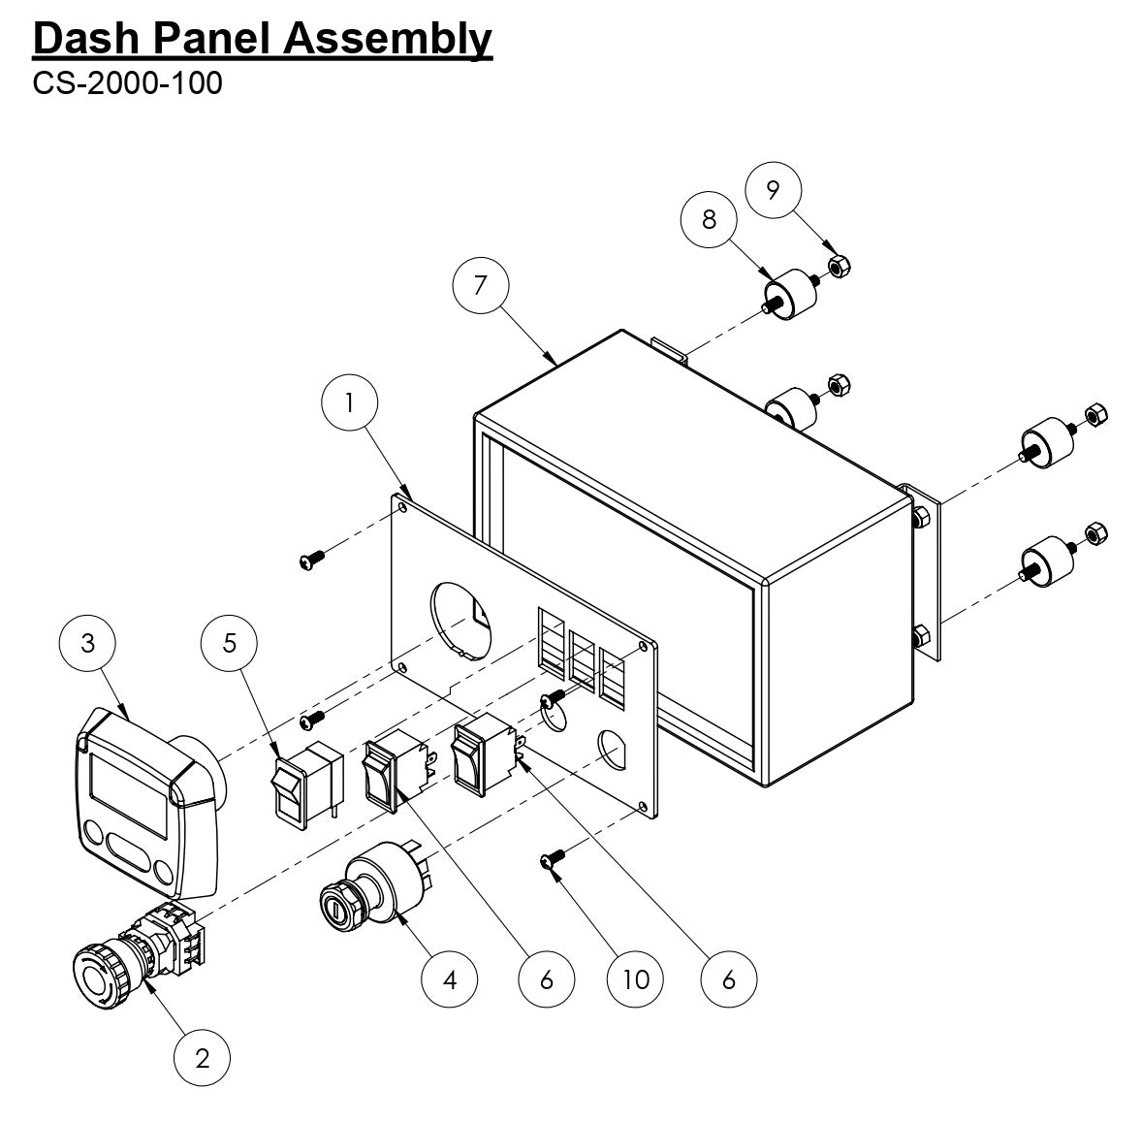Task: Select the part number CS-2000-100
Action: coord(127,82)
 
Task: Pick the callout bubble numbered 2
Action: coord(202,1058)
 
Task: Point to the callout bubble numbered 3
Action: coord(88,644)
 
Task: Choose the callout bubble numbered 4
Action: coord(449,979)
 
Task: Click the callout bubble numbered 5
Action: coord(230,644)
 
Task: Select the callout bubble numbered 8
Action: coord(709,219)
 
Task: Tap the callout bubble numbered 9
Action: coord(772,189)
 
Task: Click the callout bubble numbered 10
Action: coord(635,979)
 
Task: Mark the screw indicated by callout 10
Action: coord(551,858)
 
